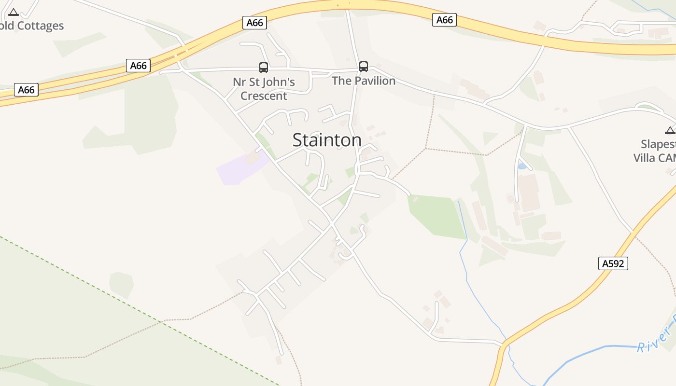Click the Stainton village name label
pos(327,140)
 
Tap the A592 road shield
pos(613,263)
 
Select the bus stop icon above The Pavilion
pos(364,67)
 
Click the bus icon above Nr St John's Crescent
pos(264,68)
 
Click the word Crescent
pos(264,96)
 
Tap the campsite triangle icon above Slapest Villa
pos(670,130)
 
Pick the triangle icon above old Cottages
pos(14,12)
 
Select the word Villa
pos(645,158)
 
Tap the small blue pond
pos(522,166)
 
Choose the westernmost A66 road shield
pos(26,90)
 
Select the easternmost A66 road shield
pos(444,20)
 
